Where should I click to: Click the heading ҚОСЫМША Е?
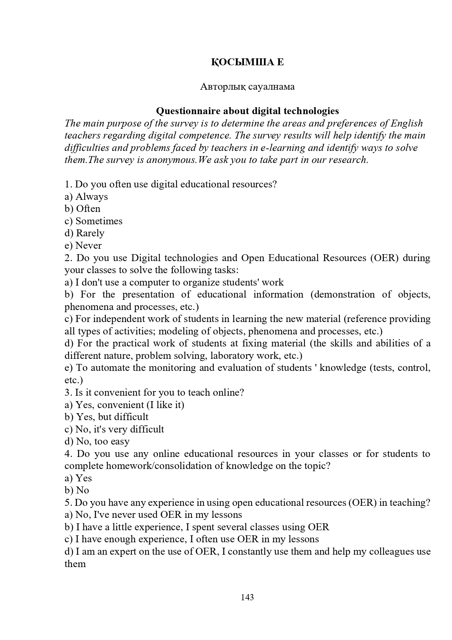[247, 62]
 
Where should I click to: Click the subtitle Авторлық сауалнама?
[247, 86]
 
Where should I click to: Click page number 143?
[247, 597]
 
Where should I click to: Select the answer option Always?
[91, 197]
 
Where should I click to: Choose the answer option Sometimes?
[99, 221]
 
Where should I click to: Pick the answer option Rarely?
[90, 233]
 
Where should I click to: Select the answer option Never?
[88, 245]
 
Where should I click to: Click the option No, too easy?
[102, 441]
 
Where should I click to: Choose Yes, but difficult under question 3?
[112, 417]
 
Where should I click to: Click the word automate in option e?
[110, 368]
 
